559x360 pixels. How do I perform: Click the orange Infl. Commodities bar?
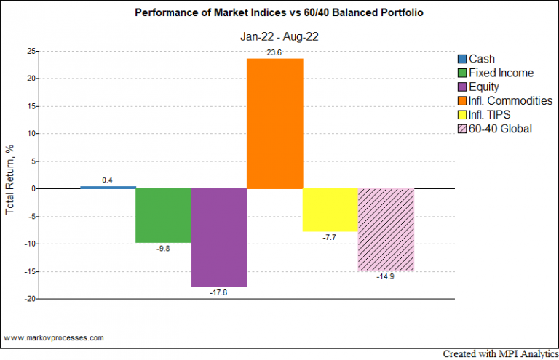click(275, 123)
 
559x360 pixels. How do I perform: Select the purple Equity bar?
click(219, 237)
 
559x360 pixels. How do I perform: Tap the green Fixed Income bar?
click(164, 215)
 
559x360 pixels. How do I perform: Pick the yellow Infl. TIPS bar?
click(330, 209)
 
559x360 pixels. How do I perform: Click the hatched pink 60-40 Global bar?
click(386, 229)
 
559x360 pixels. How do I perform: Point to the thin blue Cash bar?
click(108, 187)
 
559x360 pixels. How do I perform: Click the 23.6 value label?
click(275, 52)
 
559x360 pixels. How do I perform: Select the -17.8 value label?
click(219, 293)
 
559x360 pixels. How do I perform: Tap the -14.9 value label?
click(386, 277)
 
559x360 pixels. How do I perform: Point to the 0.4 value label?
click(108, 180)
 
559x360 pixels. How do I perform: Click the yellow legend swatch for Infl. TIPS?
click(462, 115)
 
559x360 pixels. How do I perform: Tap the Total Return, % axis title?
click(10, 175)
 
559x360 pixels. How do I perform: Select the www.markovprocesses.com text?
click(53, 338)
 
